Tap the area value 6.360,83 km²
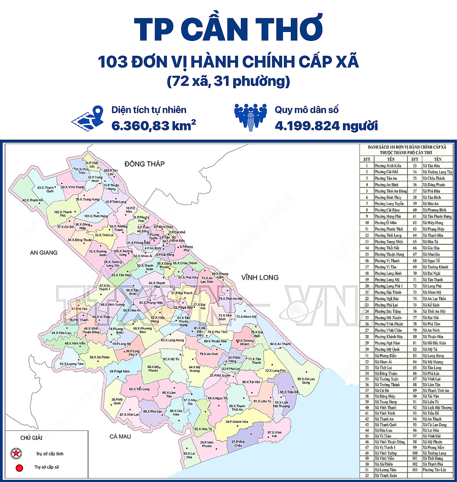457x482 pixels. tap(153, 125)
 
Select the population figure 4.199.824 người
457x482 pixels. tap(326, 125)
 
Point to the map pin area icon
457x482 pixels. tap(88, 117)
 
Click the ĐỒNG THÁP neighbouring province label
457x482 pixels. tap(144, 164)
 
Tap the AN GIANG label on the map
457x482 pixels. tap(44, 252)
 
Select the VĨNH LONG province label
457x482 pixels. tap(260, 277)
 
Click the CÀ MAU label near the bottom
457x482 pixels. tap(120, 436)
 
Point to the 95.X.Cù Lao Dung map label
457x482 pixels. tap(306, 380)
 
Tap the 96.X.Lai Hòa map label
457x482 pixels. tap(189, 455)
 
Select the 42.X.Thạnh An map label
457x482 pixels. tap(32, 200)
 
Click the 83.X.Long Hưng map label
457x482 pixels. tap(172, 340)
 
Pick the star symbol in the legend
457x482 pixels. tap(16, 453)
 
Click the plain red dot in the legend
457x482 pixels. tap(19, 467)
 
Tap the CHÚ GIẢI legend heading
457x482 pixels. tap(31, 438)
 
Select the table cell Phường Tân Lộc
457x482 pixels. tap(434, 470)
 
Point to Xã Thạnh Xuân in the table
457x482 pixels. tap(386, 475)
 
